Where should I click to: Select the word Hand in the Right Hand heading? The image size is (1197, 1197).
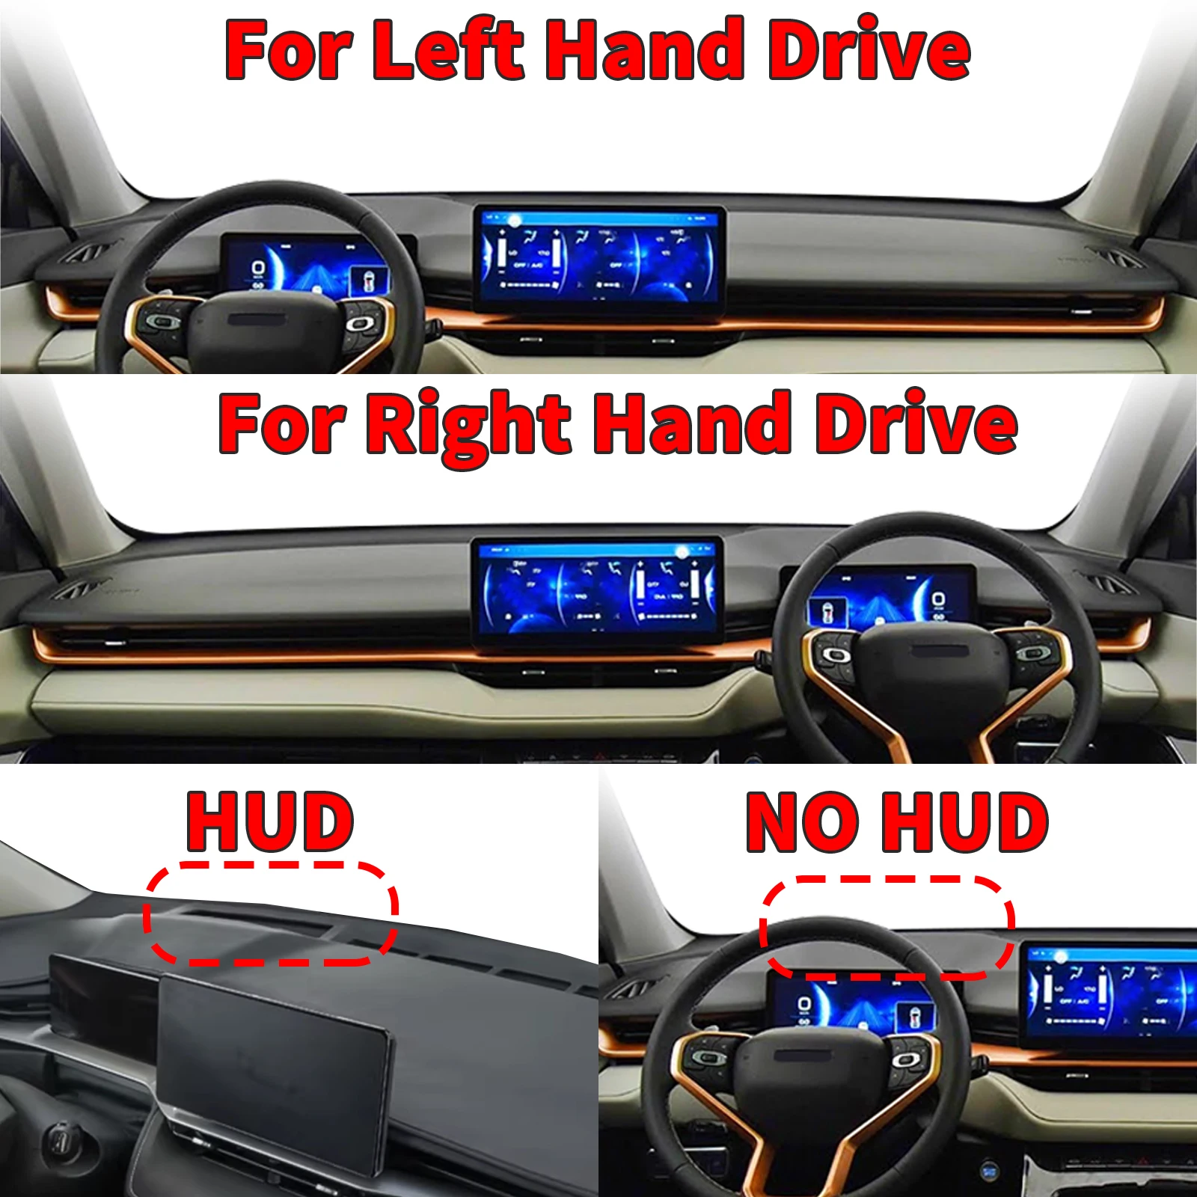(x=691, y=423)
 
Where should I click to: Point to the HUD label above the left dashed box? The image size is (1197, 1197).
(x=270, y=823)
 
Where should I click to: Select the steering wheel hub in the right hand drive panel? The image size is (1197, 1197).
(x=931, y=662)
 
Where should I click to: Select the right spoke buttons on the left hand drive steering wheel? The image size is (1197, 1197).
(x=361, y=323)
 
